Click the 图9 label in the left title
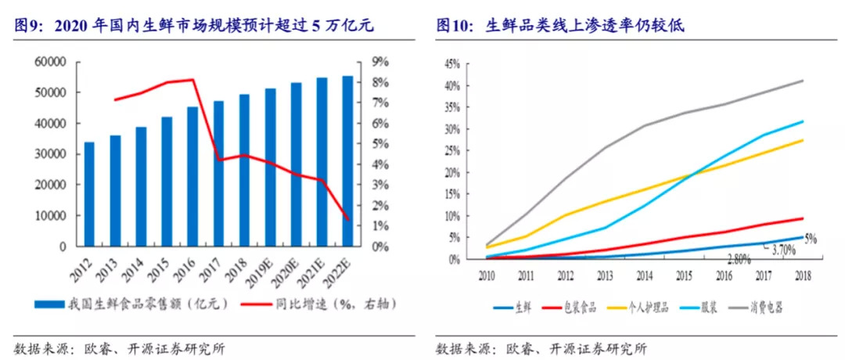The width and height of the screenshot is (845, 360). (x=28, y=27)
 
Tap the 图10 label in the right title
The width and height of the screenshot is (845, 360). (x=454, y=27)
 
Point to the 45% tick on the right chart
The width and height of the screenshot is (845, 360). (x=451, y=64)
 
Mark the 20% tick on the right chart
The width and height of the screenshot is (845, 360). (x=451, y=172)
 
